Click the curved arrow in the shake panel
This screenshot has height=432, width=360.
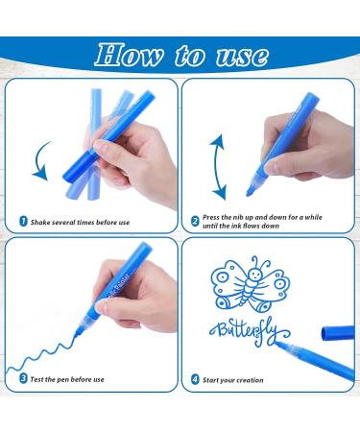41,159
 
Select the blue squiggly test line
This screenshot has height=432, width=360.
38,346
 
